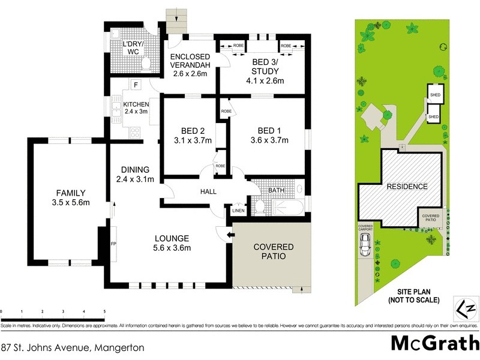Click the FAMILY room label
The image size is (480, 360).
(70, 197)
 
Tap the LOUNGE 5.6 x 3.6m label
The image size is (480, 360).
(171, 242)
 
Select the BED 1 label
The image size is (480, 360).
(268, 136)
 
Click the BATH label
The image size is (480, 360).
(277, 190)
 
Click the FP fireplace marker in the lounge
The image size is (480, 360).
(113, 245)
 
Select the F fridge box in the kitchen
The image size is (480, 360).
(136, 85)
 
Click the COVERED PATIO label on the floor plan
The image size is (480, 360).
(273, 251)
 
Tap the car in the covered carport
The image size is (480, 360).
(365, 244)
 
